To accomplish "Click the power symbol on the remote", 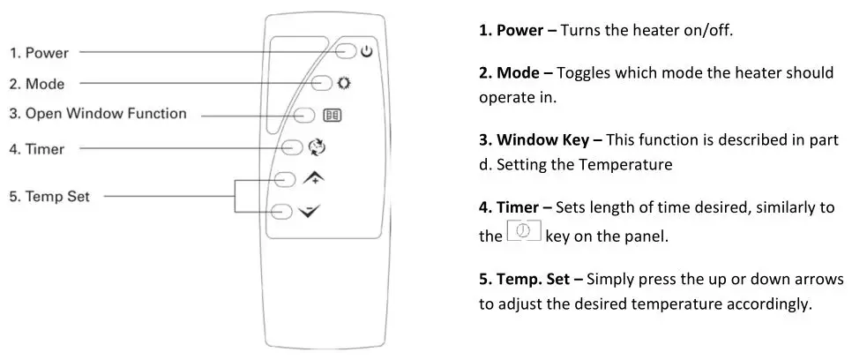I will [x=366, y=52].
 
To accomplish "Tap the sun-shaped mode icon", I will [x=343, y=83].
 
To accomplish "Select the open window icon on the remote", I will [x=334, y=115].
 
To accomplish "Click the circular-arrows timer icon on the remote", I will [x=317, y=148].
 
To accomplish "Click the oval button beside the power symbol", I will [x=347, y=52].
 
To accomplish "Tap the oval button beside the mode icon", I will [x=324, y=83].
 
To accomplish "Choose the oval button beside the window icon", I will [x=305, y=115].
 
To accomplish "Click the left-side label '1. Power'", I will [x=39, y=53].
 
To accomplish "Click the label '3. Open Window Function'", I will [x=98, y=114].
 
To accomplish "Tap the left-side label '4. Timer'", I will [x=37, y=149].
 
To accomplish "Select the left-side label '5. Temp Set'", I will [x=50, y=196].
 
